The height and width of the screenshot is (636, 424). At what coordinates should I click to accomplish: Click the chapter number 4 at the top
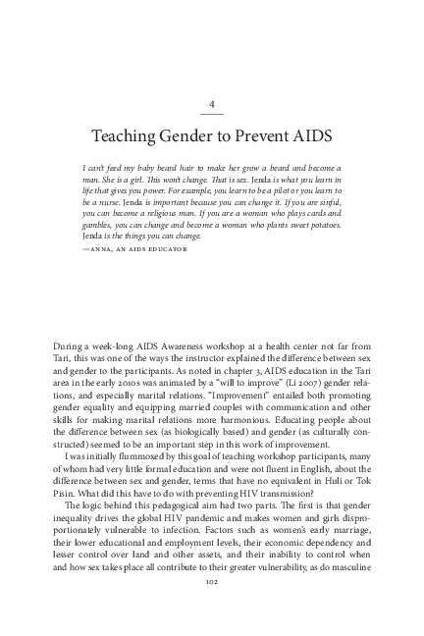pos(212,103)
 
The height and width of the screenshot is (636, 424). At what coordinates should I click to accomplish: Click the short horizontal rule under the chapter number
pos(212,116)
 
